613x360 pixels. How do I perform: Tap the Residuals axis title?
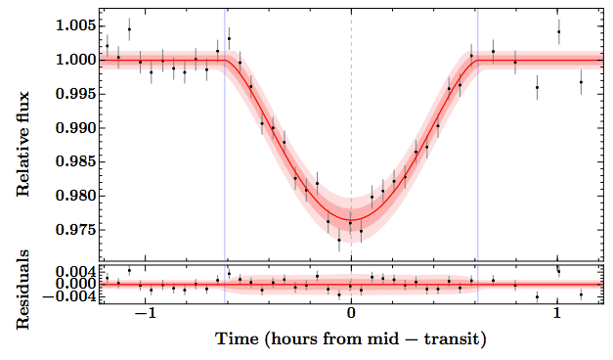[x=24, y=283]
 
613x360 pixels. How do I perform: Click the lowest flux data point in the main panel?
[x=339, y=240]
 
